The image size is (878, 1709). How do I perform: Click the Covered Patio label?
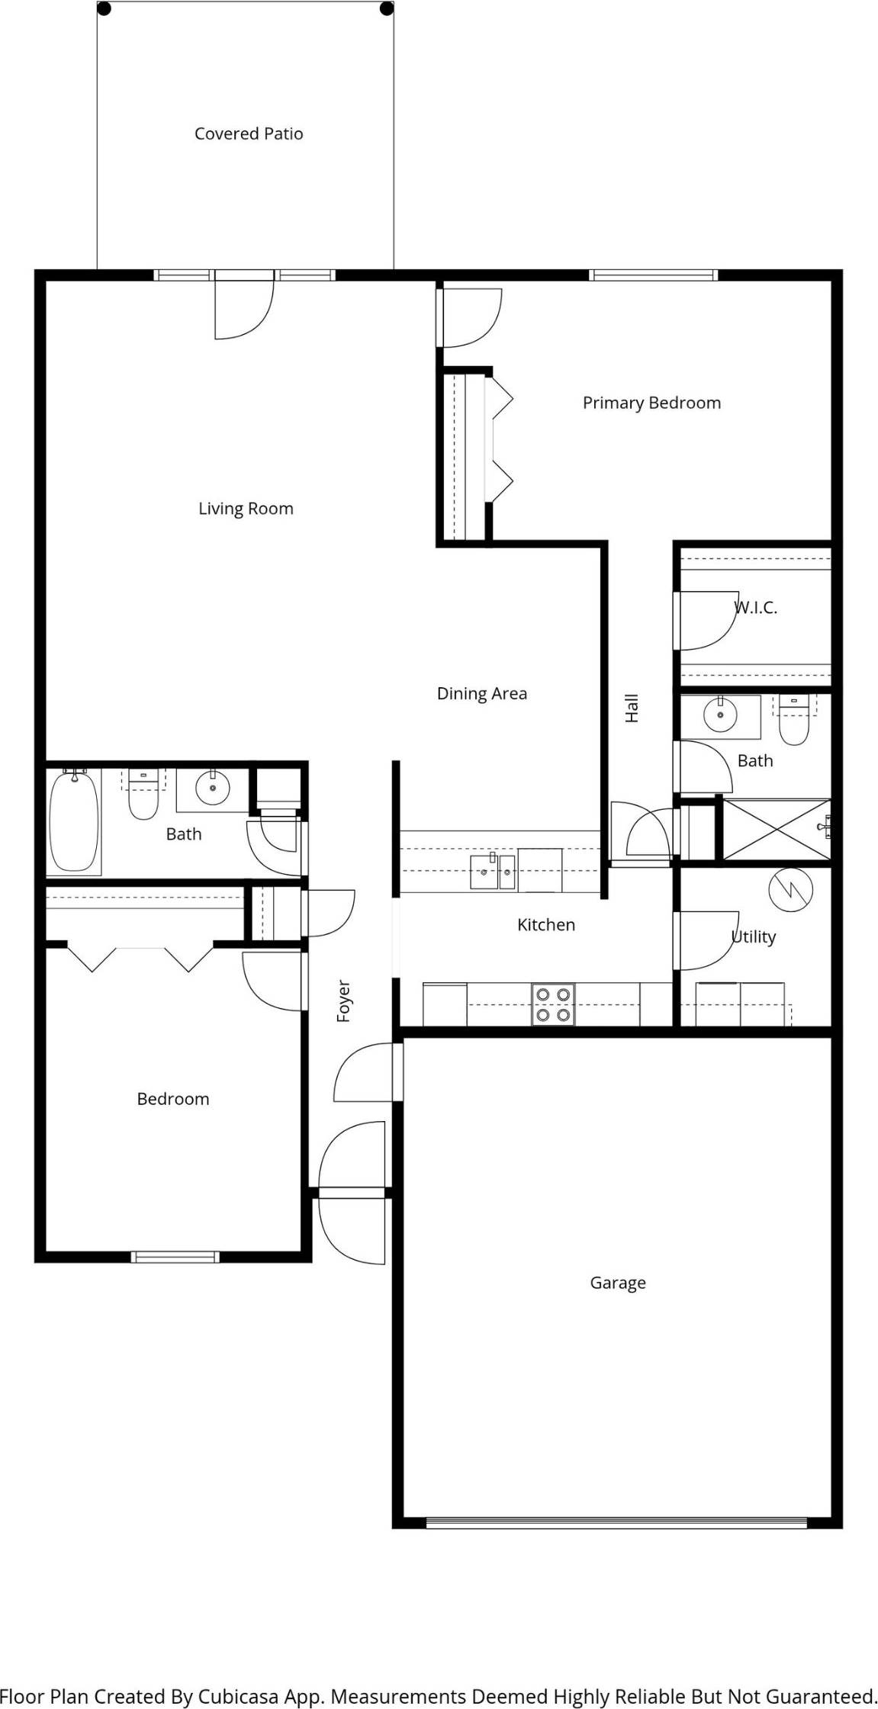click(249, 134)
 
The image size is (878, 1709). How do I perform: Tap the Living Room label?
click(246, 509)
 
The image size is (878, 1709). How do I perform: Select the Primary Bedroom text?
click(651, 403)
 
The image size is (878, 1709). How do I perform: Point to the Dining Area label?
click(481, 693)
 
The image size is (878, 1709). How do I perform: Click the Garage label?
click(617, 1283)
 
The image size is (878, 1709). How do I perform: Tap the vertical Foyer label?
click(344, 1001)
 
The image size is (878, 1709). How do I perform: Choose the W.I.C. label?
click(755, 608)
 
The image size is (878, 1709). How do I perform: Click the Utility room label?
click(754, 936)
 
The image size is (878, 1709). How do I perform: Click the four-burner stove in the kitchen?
click(553, 1004)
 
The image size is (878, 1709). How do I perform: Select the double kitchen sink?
click(493, 872)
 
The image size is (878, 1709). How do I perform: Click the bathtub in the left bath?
click(74, 821)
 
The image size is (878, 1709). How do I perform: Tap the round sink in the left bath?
click(213, 787)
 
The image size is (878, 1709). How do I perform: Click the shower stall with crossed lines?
click(775, 828)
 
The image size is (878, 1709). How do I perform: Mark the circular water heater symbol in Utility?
click(791, 890)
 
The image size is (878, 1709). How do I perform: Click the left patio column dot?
click(105, 9)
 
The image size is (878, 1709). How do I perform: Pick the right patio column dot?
click(387, 9)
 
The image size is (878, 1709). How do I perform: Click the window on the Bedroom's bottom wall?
click(175, 1257)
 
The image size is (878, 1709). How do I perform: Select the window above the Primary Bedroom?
click(654, 275)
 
